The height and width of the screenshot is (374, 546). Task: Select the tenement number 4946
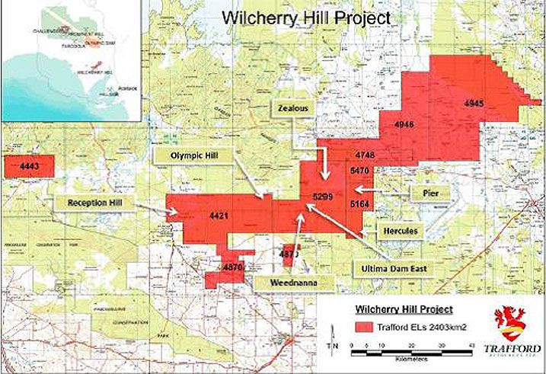[x=404, y=123]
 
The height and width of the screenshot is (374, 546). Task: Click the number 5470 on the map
[x=360, y=171]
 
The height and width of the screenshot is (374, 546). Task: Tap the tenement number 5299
[x=323, y=197]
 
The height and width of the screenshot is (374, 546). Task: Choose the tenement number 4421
[x=219, y=216]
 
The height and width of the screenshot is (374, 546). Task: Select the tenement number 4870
[x=233, y=267]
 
